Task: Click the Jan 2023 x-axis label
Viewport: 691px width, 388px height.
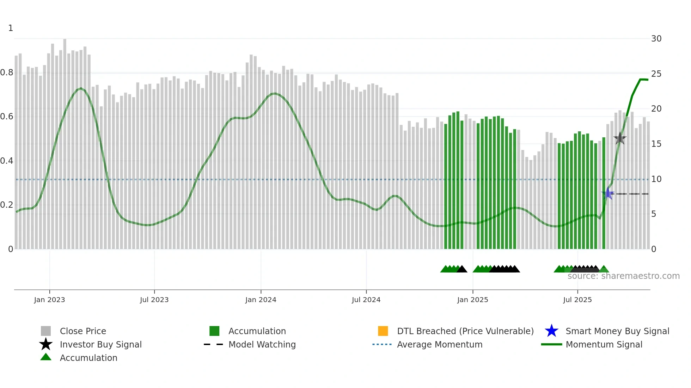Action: click(49, 300)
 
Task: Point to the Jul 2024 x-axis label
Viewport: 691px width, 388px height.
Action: click(366, 300)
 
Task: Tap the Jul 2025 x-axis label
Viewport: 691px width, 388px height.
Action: click(577, 300)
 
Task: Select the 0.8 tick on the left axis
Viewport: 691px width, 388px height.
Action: click(7, 73)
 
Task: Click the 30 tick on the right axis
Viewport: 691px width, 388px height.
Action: click(656, 39)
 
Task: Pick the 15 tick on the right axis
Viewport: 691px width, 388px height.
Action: click(656, 144)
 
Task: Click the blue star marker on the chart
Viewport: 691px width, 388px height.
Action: click(607, 194)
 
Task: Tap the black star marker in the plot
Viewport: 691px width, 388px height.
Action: click(620, 138)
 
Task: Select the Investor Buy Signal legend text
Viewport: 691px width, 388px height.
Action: click(100, 344)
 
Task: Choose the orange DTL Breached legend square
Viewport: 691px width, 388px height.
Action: click(383, 331)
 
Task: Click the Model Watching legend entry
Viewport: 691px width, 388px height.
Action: click(262, 344)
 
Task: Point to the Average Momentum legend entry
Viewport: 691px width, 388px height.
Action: click(439, 344)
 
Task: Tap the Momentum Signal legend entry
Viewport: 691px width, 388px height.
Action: click(604, 344)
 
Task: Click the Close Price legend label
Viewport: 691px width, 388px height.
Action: click(83, 331)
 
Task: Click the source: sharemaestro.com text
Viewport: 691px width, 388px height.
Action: click(623, 276)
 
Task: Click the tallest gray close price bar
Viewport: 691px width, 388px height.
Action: click(65, 141)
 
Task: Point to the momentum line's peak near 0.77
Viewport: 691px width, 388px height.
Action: click(644, 80)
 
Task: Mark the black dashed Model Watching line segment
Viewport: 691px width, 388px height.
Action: click(633, 194)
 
